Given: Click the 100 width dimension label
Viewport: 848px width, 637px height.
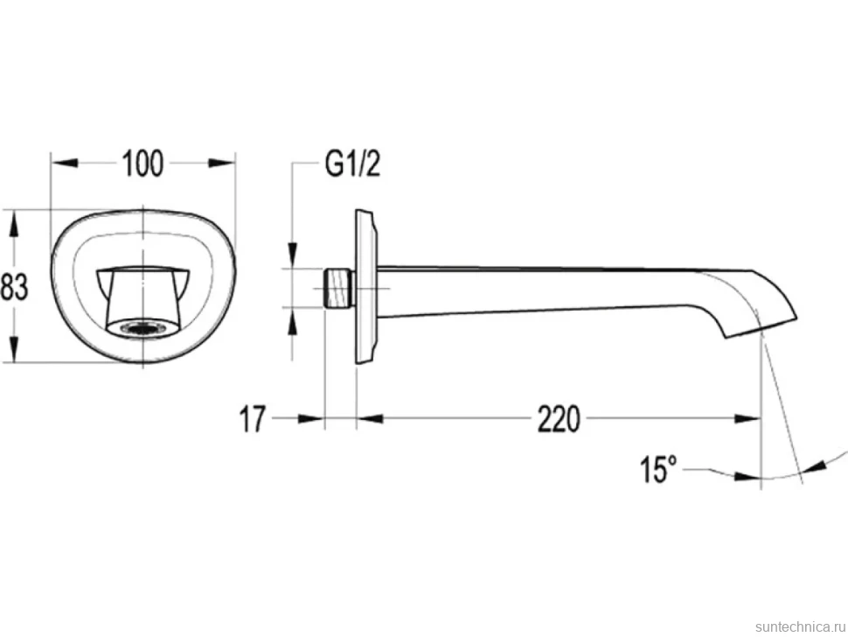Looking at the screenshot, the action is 142,164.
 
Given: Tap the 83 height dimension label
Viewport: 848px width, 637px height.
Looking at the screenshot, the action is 14,286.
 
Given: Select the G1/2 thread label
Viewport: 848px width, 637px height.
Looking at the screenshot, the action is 352,164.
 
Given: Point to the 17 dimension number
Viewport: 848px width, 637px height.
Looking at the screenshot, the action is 254,419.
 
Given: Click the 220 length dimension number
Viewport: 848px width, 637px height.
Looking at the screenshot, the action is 559,419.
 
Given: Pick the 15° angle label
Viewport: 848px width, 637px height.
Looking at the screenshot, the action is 658,469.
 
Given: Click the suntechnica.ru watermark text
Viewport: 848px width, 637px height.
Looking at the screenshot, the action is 800,626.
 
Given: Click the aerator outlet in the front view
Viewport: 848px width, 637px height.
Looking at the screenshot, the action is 143,329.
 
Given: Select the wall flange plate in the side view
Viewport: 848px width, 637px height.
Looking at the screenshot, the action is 365,286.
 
